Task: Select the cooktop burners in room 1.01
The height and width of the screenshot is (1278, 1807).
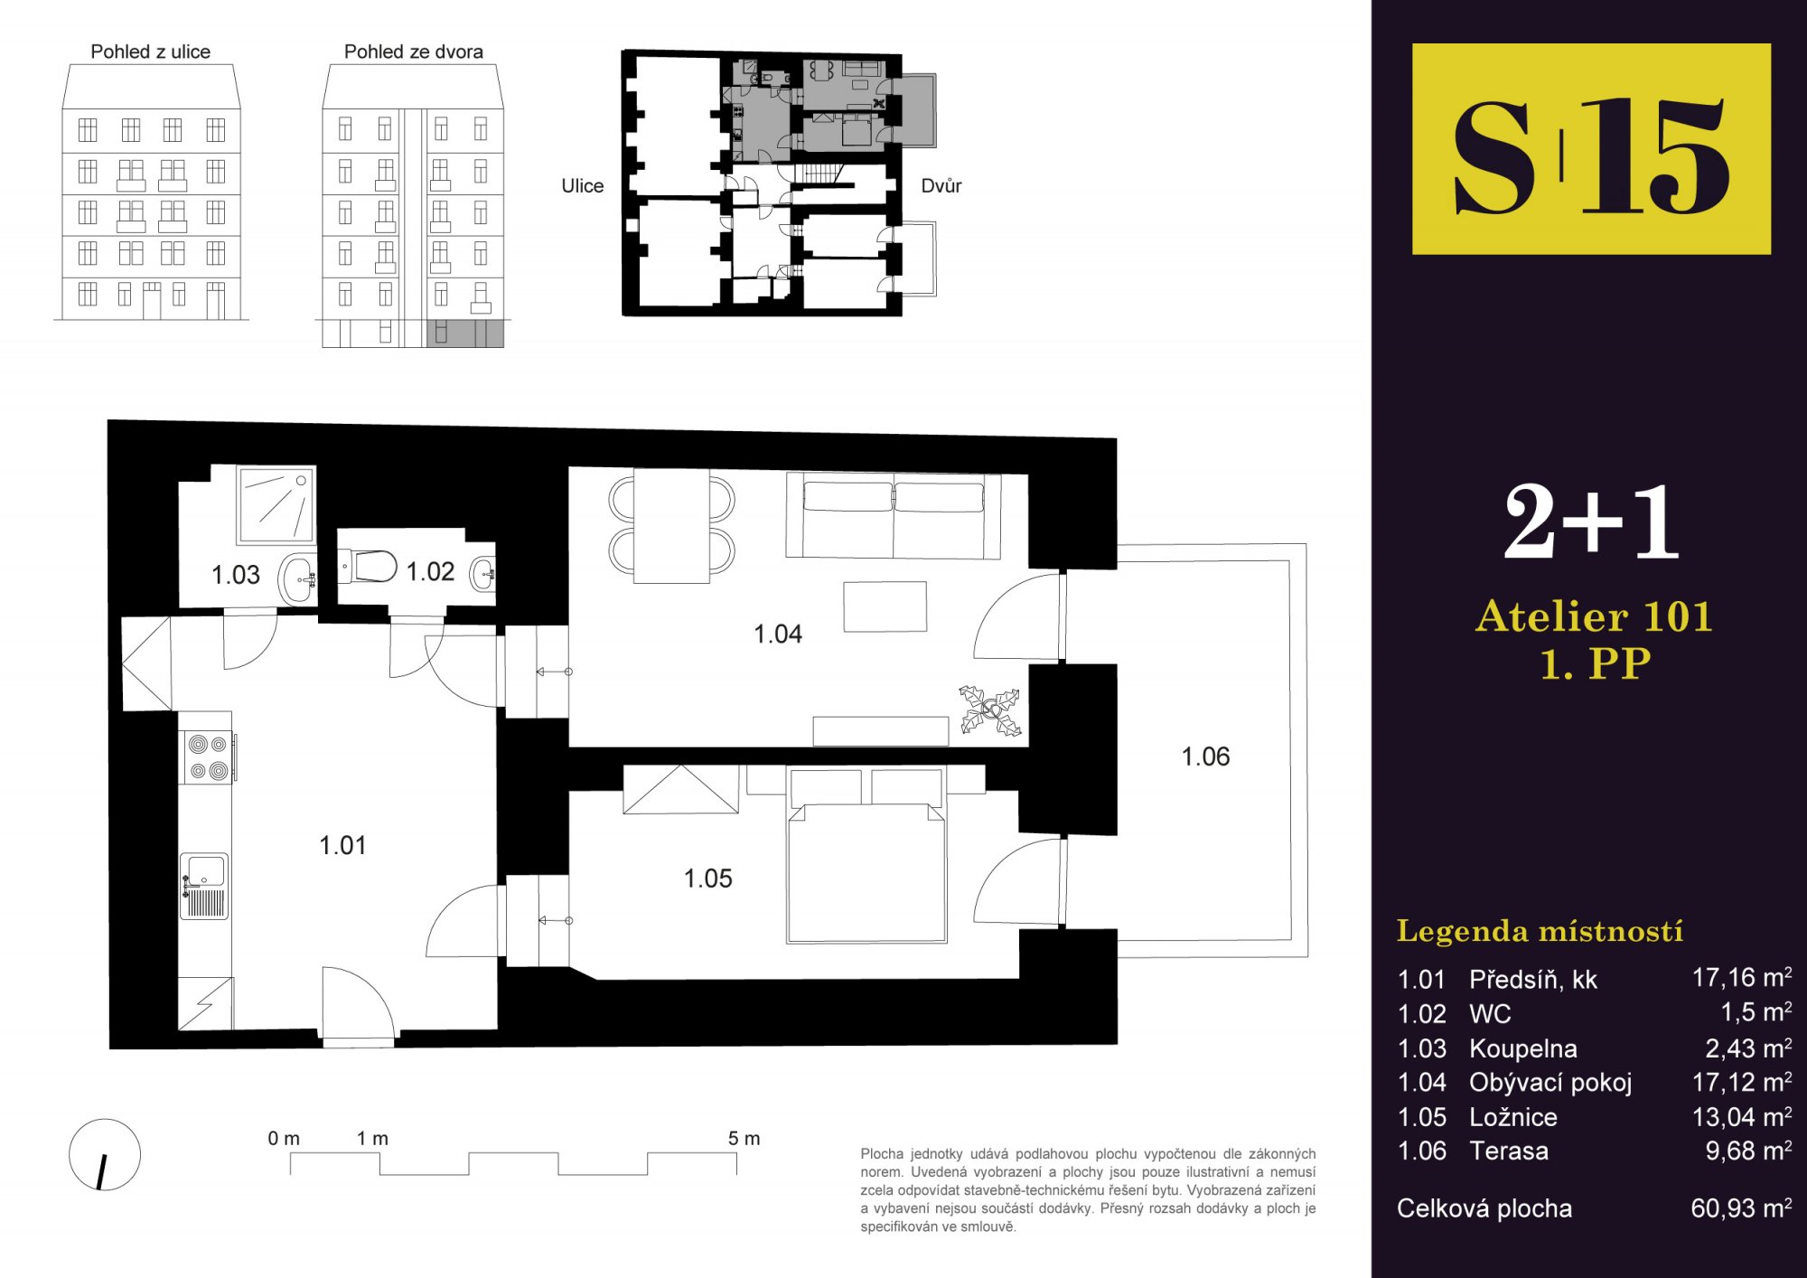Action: [208, 757]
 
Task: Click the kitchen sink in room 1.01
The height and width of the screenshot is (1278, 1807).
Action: [204, 886]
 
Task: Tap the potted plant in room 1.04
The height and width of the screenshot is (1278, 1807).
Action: [990, 710]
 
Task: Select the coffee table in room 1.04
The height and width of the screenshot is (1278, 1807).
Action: [885, 606]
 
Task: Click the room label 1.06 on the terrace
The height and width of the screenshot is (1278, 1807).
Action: [1205, 756]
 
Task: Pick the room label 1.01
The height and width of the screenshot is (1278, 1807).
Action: [342, 845]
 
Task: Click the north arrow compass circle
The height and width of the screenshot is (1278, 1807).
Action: [105, 1154]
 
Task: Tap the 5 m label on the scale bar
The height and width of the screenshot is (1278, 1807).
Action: [744, 1139]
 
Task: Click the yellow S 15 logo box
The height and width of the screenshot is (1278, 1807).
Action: [1591, 149]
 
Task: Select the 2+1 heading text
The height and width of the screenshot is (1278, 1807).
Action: [1591, 522]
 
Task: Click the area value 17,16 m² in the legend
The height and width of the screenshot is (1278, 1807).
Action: [1742, 977]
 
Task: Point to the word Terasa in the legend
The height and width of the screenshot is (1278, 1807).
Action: [1509, 1151]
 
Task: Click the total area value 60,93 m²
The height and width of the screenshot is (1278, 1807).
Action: [1741, 1208]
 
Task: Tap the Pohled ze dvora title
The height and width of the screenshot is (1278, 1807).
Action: [414, 52]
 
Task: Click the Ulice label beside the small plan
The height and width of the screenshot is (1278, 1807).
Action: [583, 185]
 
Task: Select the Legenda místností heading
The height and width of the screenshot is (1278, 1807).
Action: [1540, 931]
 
